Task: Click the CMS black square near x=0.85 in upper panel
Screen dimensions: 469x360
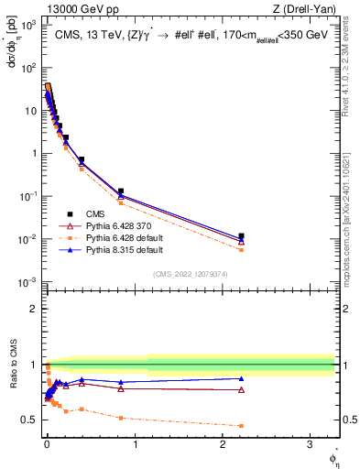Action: click(x=121, y=191)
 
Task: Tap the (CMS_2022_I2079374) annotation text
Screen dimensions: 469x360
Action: click(x=190, y=273)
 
